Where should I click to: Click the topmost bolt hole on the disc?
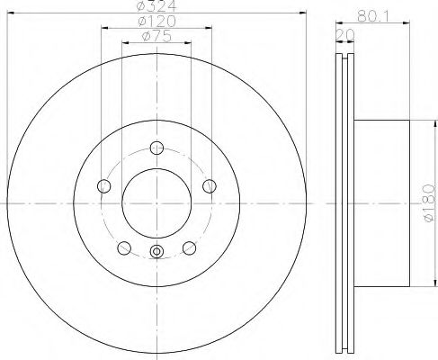pos(156,148)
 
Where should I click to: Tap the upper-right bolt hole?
pos(210,185)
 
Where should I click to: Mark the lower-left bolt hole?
pos(124,247)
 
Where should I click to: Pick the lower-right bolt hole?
pos(189,247)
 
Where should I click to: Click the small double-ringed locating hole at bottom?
pos(156,253)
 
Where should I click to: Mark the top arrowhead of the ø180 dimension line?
pos(424,123)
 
